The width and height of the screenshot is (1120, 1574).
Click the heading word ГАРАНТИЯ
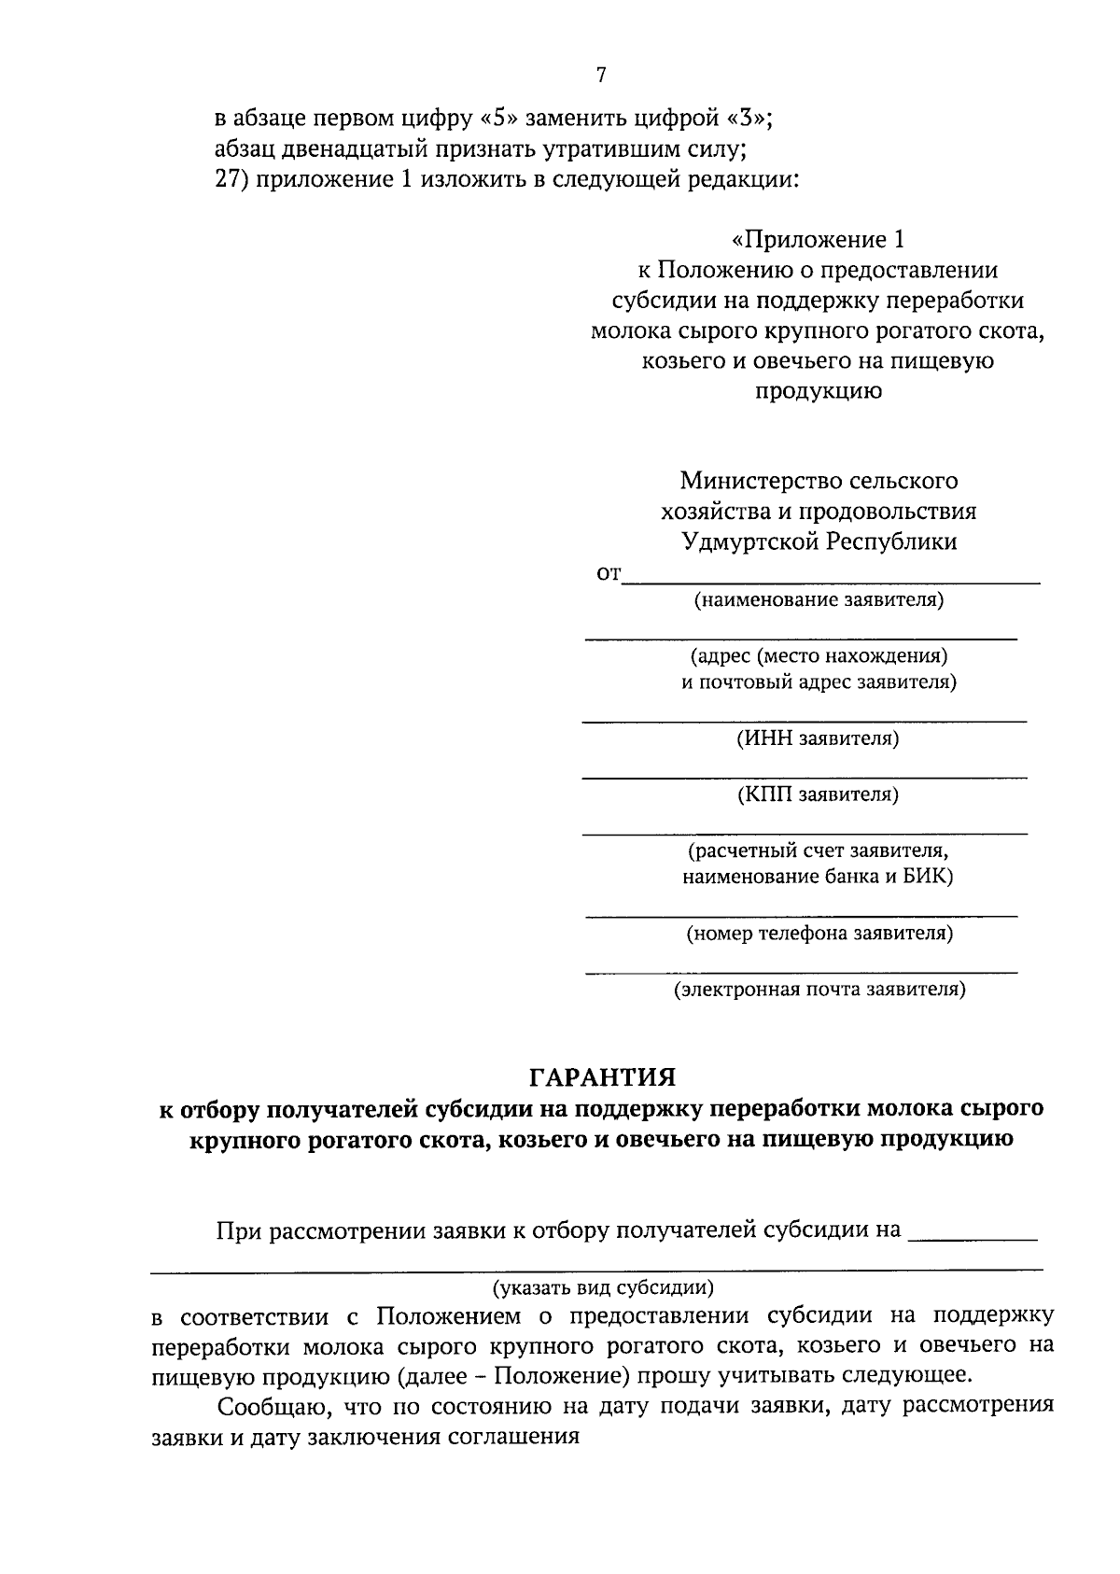tap(602, 1077)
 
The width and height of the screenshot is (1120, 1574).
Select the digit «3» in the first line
tap(747, 119)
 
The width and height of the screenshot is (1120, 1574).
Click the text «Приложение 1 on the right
tap(818, 240)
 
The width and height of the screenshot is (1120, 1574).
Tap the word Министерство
tap(760, 481)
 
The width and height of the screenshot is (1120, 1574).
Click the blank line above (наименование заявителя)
tap(831, 583)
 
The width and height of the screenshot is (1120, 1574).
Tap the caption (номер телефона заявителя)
tap(819, 933)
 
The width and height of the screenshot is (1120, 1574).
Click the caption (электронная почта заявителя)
tap(819, 989)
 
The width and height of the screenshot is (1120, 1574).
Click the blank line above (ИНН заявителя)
tap(804, 721)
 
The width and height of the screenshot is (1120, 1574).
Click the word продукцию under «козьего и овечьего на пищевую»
tap(818, 390)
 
